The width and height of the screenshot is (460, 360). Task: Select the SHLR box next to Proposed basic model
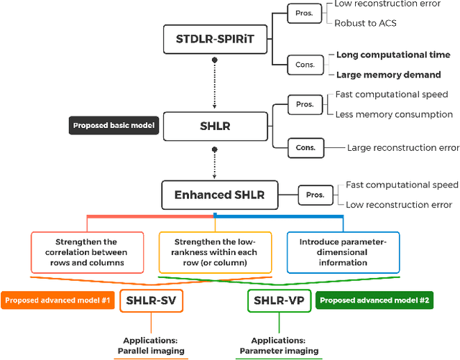(214, 126)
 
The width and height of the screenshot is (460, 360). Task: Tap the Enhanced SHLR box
(219, 195)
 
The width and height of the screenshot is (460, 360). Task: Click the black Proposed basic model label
(112, 126)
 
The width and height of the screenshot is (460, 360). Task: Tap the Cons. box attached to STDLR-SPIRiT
(305, 64)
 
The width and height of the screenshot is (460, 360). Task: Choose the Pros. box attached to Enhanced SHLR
(316, 195)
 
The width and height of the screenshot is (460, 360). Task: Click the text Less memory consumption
(394, 114)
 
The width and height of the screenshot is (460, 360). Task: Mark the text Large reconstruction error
(402, 147)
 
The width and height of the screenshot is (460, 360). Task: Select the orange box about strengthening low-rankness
(214, 252)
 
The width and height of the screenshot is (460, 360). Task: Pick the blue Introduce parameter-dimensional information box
(343, 252)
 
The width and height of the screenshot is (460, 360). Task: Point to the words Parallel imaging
(152, 351)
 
